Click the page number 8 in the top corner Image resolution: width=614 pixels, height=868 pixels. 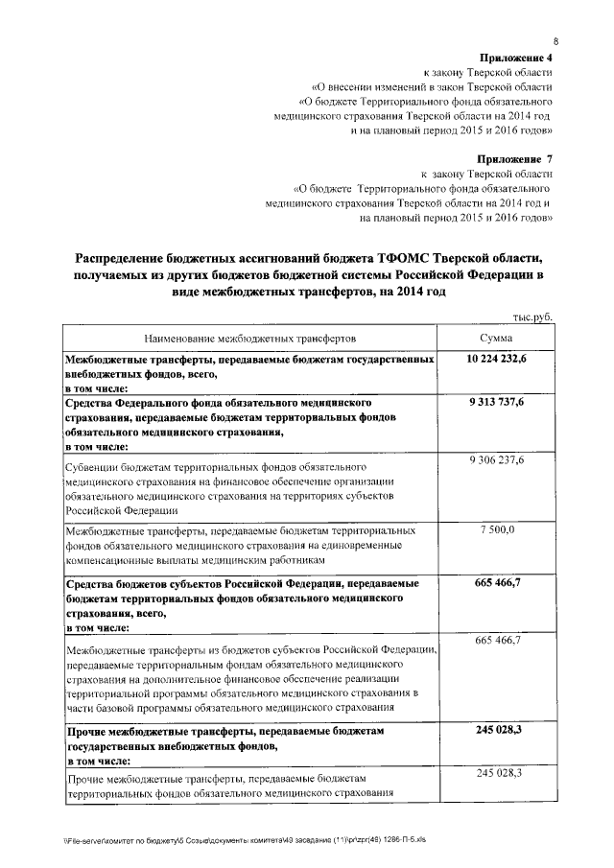(x=555, y=40)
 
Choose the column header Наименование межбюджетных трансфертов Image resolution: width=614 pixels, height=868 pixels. (x=249, y=339)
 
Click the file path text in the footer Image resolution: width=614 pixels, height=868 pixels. (x=244, y=839)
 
